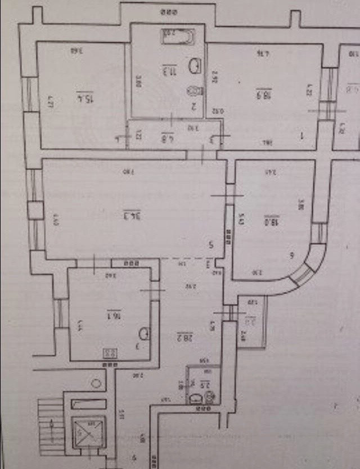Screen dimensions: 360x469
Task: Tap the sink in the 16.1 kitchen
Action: coord(144,334)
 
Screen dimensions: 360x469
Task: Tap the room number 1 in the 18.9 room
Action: coord(301,136)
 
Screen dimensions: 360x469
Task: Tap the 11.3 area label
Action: coord(167,71)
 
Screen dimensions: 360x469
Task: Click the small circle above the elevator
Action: coord(96,383)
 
